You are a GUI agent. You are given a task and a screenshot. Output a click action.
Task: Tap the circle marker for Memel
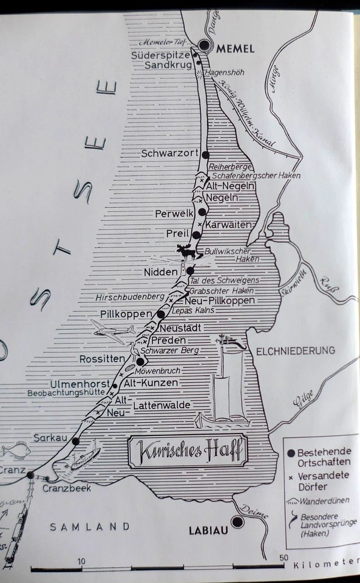pos(205,46)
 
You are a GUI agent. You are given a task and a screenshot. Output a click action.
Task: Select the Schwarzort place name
pos(169,154)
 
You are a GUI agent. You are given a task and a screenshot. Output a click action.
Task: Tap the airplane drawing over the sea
pos(114,331)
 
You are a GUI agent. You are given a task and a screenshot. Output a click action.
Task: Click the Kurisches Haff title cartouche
pos(188,451)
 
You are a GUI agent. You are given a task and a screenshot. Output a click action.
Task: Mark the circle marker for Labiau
pos(238,522)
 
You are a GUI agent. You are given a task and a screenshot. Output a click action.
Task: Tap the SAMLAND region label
pos(90,527)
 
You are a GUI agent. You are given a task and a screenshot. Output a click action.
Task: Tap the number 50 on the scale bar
pos(283,558)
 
